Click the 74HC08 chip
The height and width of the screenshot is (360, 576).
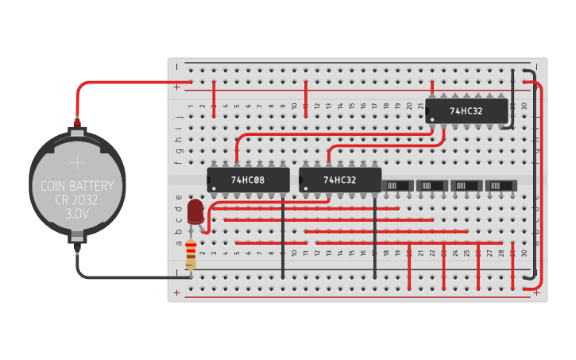tap(248, 180)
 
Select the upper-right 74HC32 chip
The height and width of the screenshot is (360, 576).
tap(466, 112)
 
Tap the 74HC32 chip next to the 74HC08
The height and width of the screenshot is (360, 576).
tap(340, 180)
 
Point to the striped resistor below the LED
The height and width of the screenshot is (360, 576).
tap(191, 256)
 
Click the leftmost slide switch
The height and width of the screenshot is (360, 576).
tap(398, 185)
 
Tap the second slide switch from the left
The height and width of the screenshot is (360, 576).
tap(433, 185)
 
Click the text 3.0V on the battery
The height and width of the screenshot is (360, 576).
tap(77, 215)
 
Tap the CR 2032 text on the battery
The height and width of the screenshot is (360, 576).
tap(77, 201)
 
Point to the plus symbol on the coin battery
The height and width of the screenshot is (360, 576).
tap(77, 164)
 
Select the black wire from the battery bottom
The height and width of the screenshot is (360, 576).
tap(119, 276)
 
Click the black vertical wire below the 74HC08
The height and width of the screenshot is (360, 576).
tap(283, 238)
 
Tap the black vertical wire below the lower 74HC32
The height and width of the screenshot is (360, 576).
tap(375, 238)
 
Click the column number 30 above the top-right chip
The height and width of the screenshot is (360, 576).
tap(524, 106)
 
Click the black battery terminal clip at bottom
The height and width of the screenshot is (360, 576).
tap(77, 237)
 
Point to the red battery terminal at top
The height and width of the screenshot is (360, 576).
tap(77, 123)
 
